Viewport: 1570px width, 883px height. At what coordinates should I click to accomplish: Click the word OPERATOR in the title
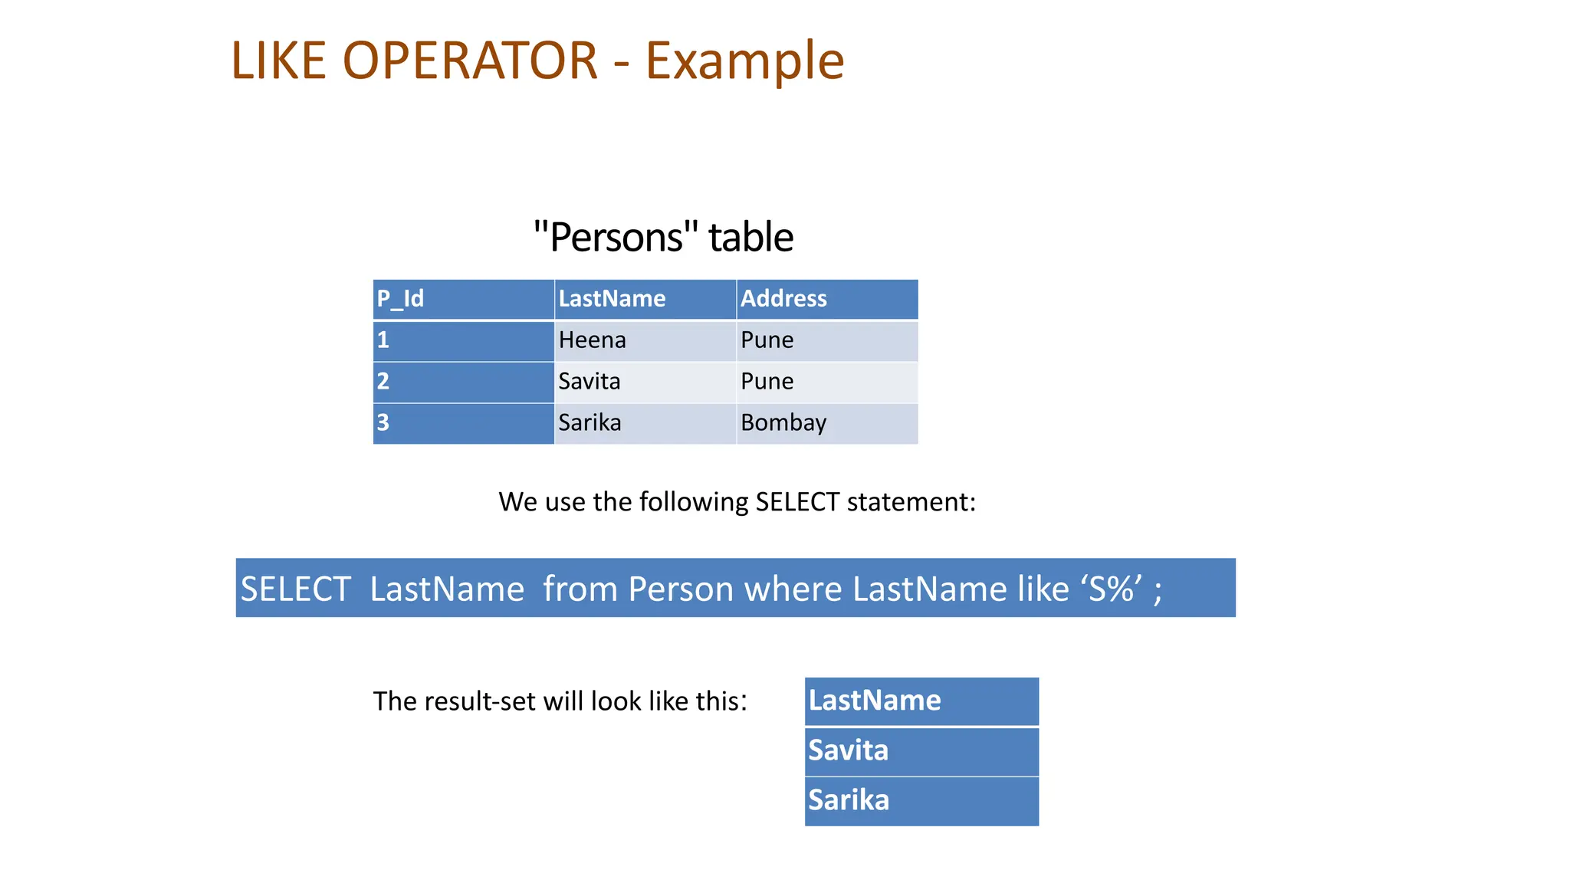[x=469, y=61]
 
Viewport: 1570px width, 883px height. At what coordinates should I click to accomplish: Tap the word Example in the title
[x=744, y=61]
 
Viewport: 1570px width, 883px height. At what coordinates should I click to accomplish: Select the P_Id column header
[x=400, y=298]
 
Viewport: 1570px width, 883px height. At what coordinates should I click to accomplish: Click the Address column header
[x=783, y=298]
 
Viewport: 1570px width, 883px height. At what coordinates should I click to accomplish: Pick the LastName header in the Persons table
[x=612, y=298]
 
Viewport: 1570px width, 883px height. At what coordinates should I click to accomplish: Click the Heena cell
[x=592, y=340]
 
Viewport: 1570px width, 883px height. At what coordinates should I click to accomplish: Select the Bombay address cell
[x=783, y=422]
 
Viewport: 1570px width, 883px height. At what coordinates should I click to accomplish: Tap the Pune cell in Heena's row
[x=767, y=340]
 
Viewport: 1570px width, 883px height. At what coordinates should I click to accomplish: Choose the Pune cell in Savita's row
[x=767, y=381]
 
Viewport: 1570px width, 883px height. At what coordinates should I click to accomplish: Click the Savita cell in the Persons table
[x=589, y=381]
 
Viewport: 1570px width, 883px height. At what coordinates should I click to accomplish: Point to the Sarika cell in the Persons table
[x=590, y=422]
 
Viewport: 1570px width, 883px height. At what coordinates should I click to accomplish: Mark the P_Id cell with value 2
[x=383, y=381]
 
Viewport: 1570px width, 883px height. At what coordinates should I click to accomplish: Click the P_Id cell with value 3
[x=383, y=422]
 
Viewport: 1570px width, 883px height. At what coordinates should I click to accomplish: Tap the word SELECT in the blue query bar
[x=296, y=589]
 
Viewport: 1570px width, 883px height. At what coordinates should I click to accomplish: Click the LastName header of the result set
[x=875, y=701]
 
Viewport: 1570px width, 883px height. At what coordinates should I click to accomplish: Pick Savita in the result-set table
[x=848, y=750]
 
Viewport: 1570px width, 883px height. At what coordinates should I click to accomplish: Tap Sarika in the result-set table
[x=849, y=800]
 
